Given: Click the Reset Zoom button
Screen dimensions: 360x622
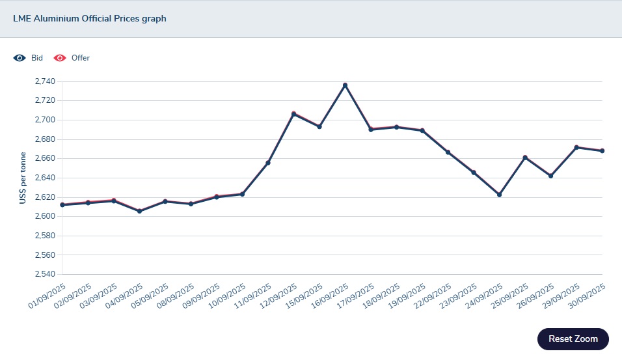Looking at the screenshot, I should point(573,339).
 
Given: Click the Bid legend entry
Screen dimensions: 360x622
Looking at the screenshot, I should point(29,58).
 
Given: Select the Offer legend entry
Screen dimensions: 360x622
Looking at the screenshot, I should point(72,58).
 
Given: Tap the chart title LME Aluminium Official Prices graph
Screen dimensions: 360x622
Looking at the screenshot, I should point(90,18).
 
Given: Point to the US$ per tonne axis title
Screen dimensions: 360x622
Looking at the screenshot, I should point(23,178).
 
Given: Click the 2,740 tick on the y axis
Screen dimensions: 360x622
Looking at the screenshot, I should point(45,81).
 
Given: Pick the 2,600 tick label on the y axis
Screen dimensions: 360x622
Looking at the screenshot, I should point(45,216).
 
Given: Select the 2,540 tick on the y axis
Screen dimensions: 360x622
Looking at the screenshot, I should point(45,274).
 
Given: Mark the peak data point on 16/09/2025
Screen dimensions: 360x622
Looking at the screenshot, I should point(345,85).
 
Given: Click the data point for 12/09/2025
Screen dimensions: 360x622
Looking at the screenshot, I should point(293,114).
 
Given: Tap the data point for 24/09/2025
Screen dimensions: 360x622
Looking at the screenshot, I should point(499,195).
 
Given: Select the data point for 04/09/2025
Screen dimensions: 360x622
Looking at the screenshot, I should point(139,211).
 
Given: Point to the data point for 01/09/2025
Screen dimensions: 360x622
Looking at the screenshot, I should point(62,204).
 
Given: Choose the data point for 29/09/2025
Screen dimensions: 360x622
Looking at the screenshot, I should point(576,148).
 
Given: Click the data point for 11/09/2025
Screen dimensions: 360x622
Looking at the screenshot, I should point(268,163).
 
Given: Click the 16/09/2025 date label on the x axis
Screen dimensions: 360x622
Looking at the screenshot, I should point(331,296).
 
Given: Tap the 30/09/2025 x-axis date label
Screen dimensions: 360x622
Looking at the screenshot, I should point(588,296).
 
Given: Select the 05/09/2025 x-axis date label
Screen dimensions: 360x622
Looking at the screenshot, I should point(151,296).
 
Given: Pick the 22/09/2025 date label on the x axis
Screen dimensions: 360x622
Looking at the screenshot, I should point(433,296).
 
